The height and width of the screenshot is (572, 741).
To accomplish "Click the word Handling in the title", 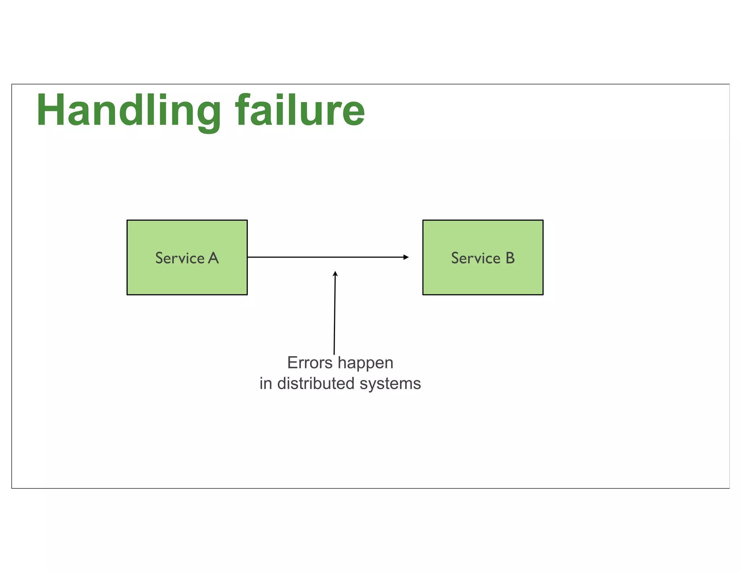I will pos(128,110).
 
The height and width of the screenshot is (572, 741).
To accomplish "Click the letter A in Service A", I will pos(213,258).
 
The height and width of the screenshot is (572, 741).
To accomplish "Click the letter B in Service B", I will pos(510,258).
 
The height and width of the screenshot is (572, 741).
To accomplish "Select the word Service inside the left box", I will pos(180,258).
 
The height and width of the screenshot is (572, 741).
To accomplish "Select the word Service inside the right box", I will pos(475,258).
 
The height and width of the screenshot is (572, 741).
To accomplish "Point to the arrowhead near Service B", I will pos(406,257).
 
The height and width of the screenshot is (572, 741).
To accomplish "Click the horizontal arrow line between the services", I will pos(326,257).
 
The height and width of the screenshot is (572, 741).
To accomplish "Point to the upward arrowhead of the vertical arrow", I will pos(335,274).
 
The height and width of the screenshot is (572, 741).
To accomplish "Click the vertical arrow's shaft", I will pos(335,315).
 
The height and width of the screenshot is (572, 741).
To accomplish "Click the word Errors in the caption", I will pos(310,363).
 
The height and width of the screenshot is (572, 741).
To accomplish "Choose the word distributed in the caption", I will pos(316,383).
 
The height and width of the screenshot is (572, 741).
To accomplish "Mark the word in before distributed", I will pos(266,383).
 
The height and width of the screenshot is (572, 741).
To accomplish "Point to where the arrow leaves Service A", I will pos(249,257).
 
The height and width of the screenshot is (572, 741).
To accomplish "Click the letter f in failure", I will pos(243,110).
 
